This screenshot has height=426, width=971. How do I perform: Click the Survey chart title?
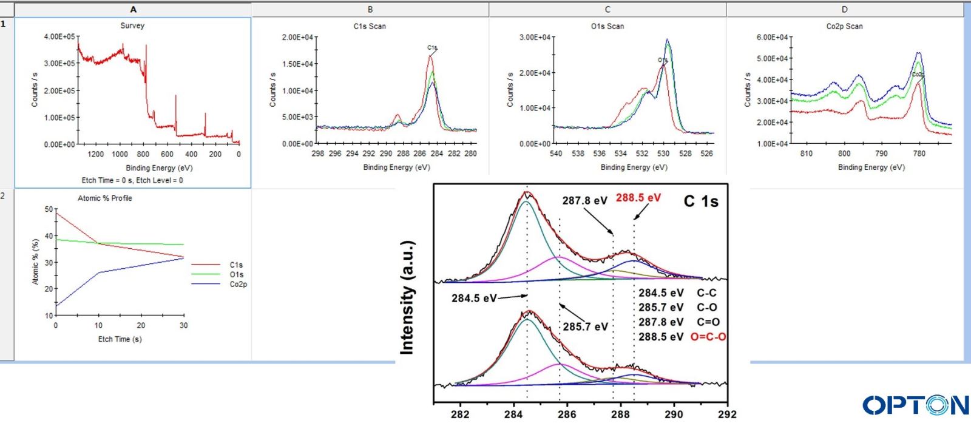tap(132, 25)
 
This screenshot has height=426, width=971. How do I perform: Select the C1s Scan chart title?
tap(370, 26)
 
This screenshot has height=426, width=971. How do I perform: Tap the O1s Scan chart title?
tap(607, 26)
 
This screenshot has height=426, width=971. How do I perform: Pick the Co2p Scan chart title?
tap(844, 26)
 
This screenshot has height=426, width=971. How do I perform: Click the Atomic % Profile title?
tap(104, 198)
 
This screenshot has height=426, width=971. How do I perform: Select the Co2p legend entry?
tap(238, 284)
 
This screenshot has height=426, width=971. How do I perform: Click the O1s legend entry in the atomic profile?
tap(236, 274)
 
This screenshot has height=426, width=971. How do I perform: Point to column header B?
tap(370, 10)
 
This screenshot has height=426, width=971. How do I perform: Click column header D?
tap(844, 10)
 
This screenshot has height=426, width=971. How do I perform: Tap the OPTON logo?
tap(915, 405)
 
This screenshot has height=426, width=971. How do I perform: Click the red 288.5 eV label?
tap(638, 197)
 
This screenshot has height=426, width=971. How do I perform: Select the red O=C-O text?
tap(708, 337)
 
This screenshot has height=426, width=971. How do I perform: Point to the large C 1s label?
tap(701, 201)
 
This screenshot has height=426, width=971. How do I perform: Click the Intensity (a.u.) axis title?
tap(407, 297)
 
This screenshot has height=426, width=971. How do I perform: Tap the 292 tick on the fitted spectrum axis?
tap(726, 414)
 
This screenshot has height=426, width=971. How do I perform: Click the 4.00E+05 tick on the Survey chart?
tap(59, 36)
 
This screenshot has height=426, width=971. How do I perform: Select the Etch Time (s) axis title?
tap(120, 339)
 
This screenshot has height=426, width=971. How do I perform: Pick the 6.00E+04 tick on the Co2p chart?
tap(772, 37)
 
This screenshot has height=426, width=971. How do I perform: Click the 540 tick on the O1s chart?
tap(556, 154)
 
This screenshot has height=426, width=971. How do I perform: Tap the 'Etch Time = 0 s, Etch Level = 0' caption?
tap(132, 180)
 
